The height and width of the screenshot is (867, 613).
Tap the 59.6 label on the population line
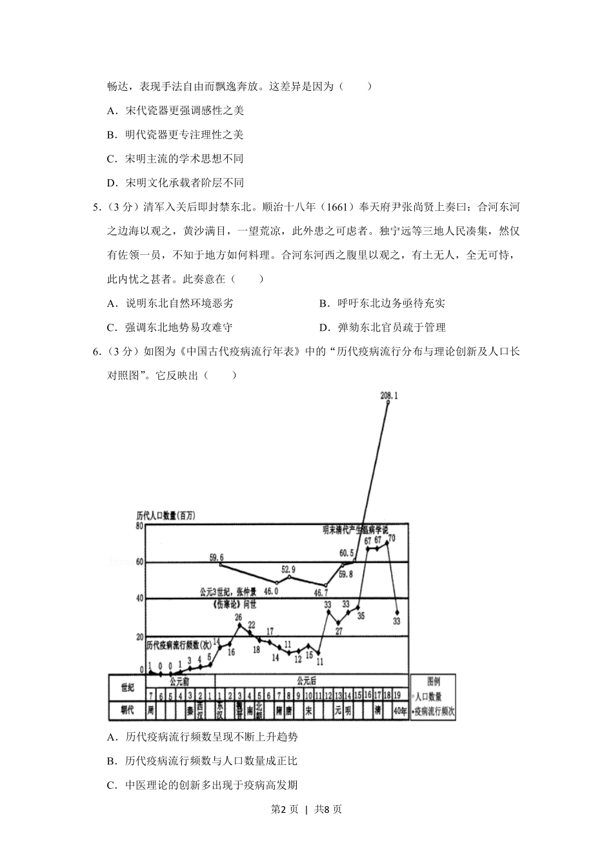(x=216, y=557)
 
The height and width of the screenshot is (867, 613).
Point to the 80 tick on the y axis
(x=139, y=526)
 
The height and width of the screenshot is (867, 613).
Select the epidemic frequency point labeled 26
(x=239, y=624)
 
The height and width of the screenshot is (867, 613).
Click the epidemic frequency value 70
(x=392, y=538)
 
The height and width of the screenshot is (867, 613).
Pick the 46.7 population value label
(x=321, y=593)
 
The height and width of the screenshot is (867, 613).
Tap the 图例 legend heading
(x=434, y=681)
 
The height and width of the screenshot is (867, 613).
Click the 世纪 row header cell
(x=127, y=688)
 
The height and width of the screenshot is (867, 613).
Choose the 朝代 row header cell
(x=127, y=710)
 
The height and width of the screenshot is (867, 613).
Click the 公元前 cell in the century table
(x=180, y=681)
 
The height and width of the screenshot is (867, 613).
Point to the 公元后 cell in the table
(x=307, y=681)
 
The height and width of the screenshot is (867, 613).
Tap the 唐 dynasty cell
(x=288, y=711)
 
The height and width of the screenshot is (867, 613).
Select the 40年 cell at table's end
(x=399, y=711)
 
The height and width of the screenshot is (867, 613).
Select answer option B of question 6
(x=203, y=761)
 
